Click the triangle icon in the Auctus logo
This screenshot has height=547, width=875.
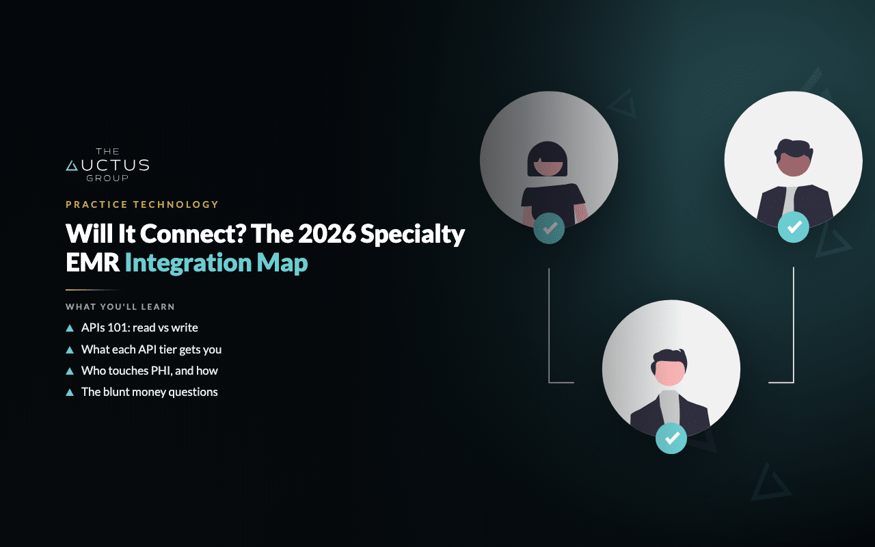(x=72, y=165)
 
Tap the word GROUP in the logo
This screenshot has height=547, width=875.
(x=107, y=178)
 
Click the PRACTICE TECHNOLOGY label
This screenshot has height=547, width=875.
(x=142, y=204)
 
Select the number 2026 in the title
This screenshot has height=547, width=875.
(x=327, y=234)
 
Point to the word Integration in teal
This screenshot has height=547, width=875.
(x=188, y=263)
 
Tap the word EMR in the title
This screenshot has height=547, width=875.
(x=92, y=263)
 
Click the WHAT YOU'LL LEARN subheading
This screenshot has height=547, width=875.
(x=120, y=307)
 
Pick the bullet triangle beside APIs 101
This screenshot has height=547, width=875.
(x=70, y=328)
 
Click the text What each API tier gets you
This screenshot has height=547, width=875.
(x=151, y=349)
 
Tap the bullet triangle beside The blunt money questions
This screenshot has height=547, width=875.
(x=70, y=392)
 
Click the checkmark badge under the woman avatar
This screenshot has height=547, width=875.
(x=549, y=228)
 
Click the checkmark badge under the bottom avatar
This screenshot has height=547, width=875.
(x=671, y=438)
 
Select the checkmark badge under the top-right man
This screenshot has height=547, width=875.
(x=794, y=227)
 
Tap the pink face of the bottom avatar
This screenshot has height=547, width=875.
(x=669, y=373)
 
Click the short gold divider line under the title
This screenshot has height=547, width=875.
(x=93, y=290)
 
